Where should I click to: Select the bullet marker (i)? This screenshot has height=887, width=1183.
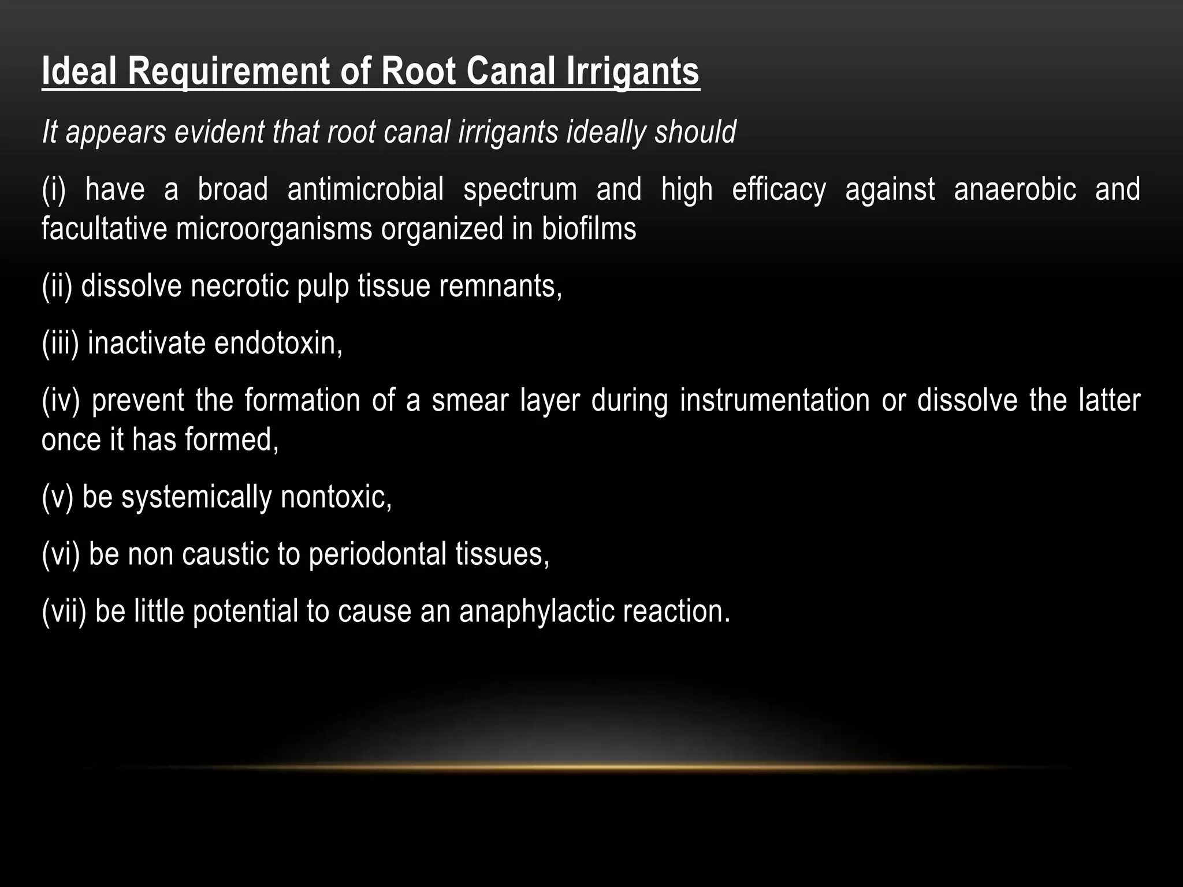tap(54, 189)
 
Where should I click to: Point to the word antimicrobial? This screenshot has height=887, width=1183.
tap(366, 189)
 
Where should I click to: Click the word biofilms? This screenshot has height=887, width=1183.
tap(589, 229)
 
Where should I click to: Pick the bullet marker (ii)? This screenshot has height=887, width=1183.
tap(57, 286)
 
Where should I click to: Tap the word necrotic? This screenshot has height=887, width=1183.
tap(240, 286)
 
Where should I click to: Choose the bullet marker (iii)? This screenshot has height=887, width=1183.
tap(60, 343)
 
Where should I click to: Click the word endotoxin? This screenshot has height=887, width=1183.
tap(278, 343)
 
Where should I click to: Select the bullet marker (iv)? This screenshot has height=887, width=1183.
tap(61, 400)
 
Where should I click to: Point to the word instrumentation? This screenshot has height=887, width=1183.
tap(774, 400)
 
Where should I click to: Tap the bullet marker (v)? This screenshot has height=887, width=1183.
tap(57, 497)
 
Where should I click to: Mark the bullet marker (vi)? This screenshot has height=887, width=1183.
tap(61, 554)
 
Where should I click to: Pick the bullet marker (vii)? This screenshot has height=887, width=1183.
tap(64, 611)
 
